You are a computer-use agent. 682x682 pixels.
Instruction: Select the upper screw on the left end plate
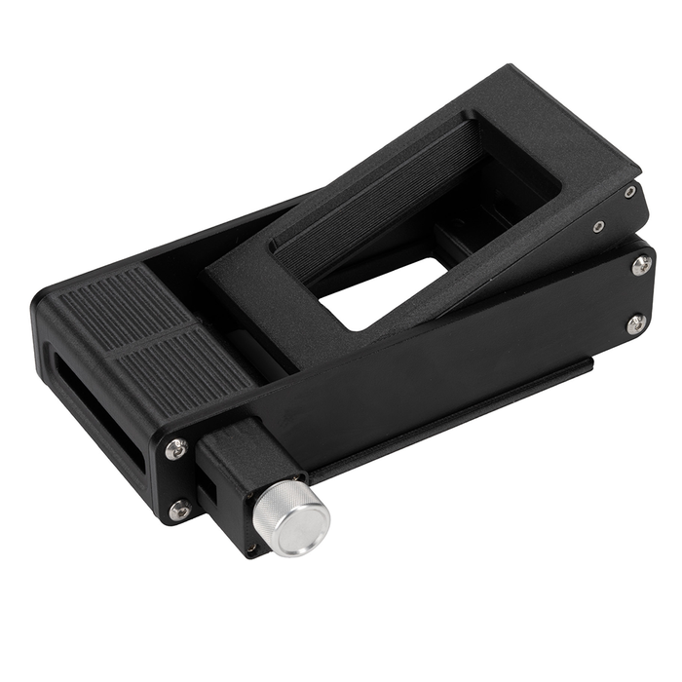click(x=176, y=449)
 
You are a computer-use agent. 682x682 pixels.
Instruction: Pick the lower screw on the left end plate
click(x=179, y=509)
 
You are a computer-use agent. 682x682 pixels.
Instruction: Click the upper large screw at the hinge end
click(x=641, y=265)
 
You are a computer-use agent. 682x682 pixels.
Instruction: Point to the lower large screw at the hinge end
click(x=635, y=323)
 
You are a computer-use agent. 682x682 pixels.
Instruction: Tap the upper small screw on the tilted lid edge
click(x=630, y=193)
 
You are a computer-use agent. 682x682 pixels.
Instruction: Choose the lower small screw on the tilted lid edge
click(x=597, y=227)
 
